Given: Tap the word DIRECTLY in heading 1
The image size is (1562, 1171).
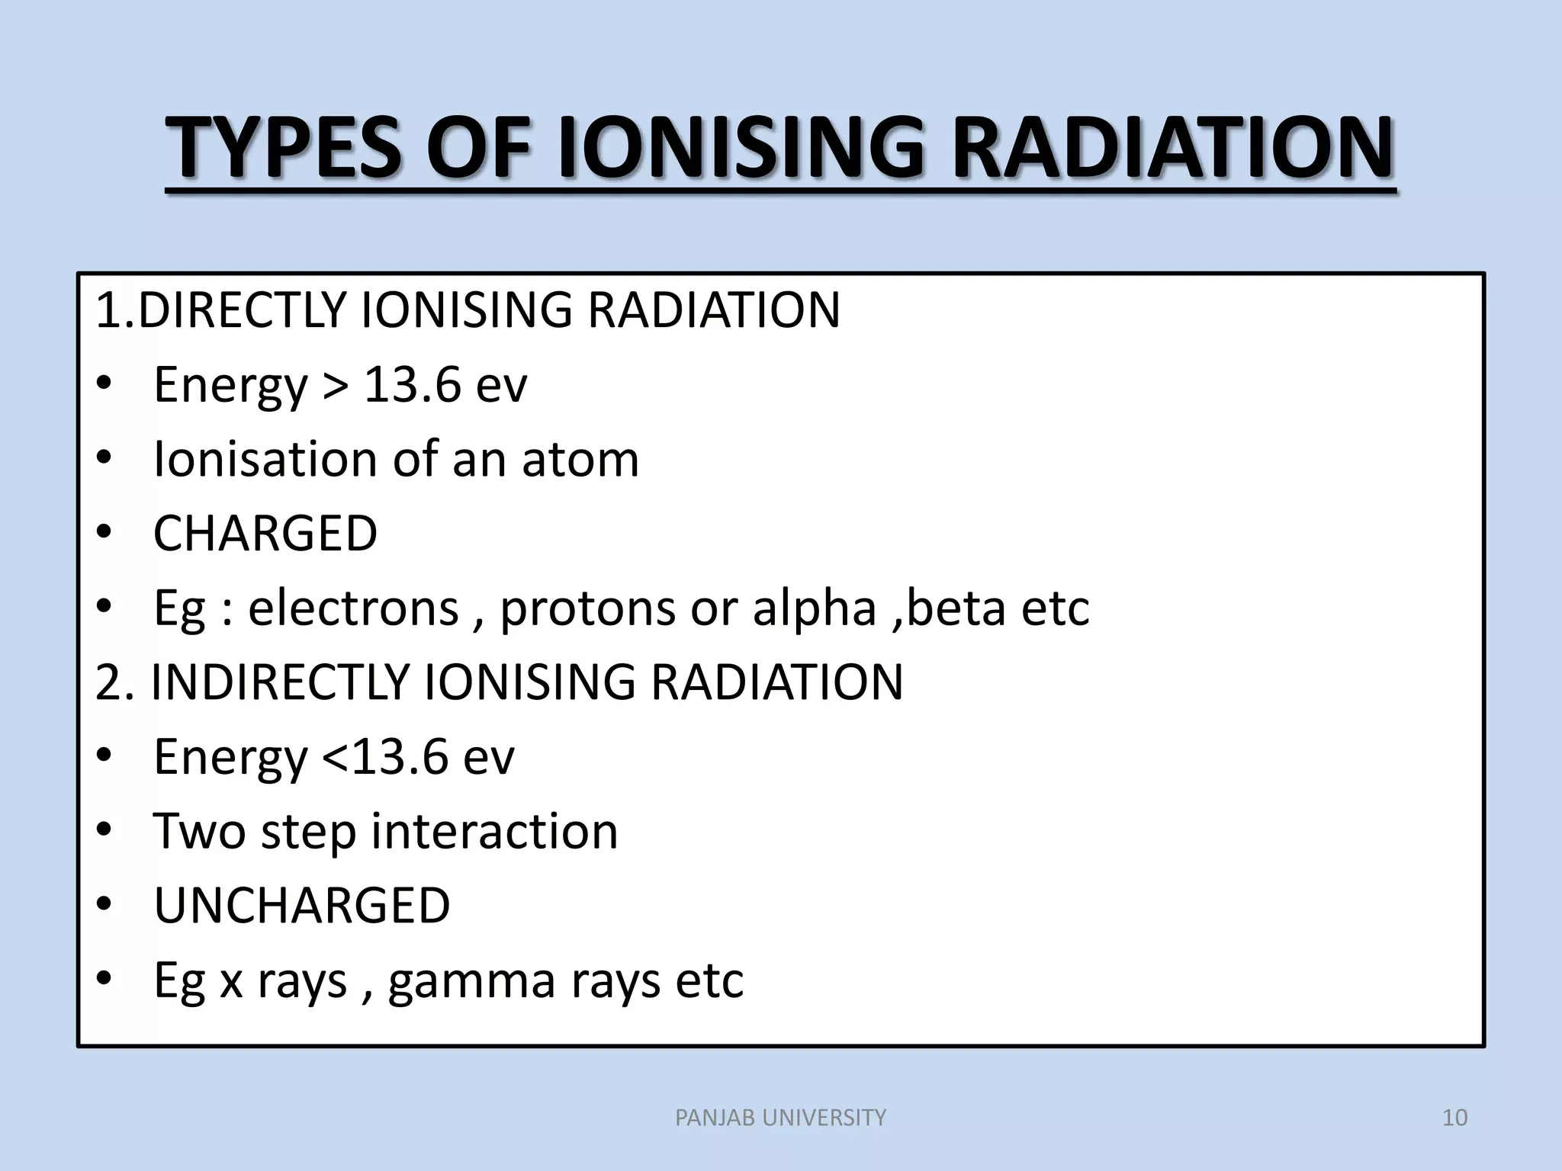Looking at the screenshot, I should [x=243, y=310].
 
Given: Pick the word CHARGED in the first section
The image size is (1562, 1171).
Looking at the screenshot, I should [x=265, y=534].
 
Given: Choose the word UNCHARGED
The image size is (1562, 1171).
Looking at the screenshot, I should [x=302, y=906].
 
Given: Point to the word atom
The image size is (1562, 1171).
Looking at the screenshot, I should [x=580, y=460].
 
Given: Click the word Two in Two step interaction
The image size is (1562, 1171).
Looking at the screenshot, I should [x=200, y=831].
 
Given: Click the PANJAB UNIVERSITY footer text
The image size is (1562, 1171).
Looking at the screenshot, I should [x=781, y=1118].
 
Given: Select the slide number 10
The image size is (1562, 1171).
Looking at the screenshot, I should [x=1455, y=1118].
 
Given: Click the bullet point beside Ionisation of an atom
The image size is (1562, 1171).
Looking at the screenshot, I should [x=104, y=460].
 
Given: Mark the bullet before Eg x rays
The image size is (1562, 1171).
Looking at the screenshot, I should [x=104, y=979].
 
